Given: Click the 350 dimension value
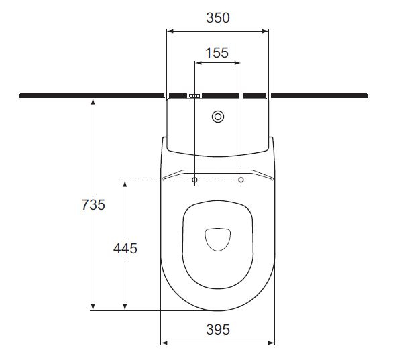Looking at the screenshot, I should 217,18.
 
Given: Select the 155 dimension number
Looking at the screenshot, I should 217,52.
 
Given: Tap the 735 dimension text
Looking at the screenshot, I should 93,205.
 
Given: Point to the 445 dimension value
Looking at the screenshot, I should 125,248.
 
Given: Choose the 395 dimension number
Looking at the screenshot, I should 217,329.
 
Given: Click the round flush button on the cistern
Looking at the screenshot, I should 218,117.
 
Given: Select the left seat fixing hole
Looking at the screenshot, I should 194,180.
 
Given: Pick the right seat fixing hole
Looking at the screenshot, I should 241,180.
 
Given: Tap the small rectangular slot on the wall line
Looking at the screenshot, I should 194,96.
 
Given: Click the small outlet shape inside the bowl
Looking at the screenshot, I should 218,239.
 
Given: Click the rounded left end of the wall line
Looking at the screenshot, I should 21,96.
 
